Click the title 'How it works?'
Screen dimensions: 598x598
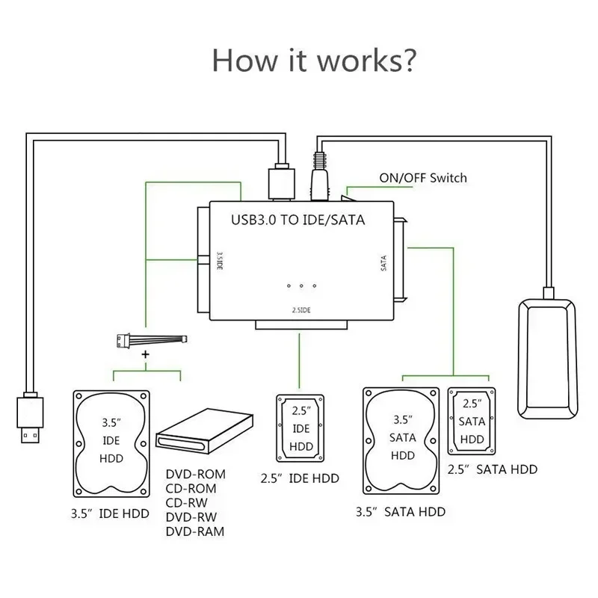click(313, 59)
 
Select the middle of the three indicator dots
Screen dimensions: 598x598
click(300, 286)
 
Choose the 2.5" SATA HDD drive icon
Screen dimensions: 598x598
click(472, 420)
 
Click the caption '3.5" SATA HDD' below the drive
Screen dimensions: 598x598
click(400, 512)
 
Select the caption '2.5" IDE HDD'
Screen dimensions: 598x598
click(299, 478)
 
